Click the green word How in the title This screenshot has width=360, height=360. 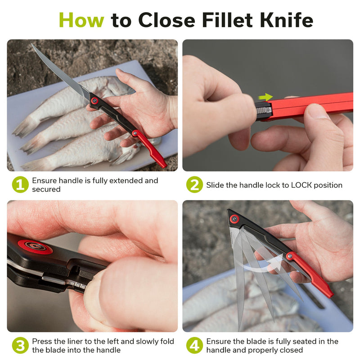(81, 20)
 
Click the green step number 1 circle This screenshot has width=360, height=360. (20, 184)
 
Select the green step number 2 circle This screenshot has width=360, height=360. (194, 184)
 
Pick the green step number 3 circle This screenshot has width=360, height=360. (20, 345)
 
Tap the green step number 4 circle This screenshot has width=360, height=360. (194, 345)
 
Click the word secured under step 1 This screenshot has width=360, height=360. (46, 189)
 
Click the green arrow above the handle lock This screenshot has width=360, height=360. (265, 97)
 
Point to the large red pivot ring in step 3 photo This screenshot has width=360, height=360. (35, 247)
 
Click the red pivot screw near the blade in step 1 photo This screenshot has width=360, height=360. (94, 100)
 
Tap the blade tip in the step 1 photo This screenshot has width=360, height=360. (31, 44)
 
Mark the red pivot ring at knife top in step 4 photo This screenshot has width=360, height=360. (234, 219)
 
